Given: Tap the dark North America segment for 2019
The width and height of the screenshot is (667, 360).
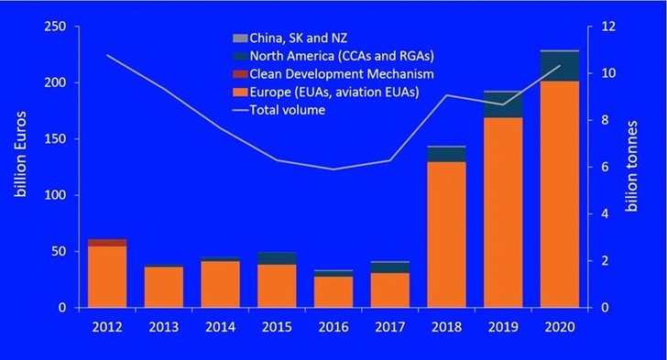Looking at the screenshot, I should (502, 104).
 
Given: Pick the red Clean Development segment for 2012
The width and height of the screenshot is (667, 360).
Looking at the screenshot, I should (107, 242).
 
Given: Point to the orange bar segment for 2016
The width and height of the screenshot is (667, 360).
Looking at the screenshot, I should (333, 291).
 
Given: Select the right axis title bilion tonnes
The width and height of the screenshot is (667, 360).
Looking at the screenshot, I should (631, 167).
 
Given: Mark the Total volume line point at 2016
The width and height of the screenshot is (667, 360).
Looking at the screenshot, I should (333, 169).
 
